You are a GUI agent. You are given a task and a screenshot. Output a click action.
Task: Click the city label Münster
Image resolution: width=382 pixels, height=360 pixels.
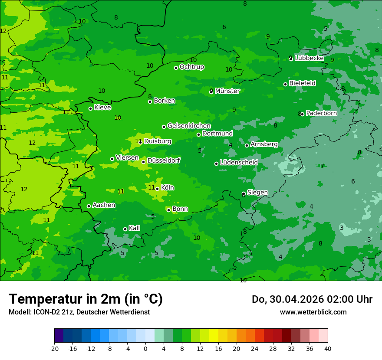pos(227,91)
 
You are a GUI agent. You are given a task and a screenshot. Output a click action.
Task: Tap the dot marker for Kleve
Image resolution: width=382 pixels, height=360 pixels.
pos(90,108)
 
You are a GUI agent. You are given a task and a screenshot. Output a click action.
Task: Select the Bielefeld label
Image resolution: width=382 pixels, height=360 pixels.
pos(303,83)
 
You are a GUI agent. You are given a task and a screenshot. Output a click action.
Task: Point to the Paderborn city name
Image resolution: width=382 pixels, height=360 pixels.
pos(321,113)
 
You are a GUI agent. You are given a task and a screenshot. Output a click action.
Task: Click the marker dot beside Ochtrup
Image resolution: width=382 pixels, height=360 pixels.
pos(176,68)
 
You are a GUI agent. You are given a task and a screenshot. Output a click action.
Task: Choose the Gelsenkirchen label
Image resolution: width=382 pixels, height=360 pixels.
pos(189,126)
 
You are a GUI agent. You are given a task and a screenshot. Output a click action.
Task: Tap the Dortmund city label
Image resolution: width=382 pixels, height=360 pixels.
pos(217,134)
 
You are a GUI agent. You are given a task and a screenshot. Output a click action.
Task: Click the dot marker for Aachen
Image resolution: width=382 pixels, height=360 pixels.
pos(89,206)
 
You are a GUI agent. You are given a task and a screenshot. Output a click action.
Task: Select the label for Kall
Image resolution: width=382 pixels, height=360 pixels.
pos(135,228)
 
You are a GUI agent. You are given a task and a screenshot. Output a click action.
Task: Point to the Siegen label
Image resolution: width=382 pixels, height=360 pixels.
pos(257,193)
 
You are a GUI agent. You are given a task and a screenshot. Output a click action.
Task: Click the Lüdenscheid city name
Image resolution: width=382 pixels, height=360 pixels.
pos(239,163)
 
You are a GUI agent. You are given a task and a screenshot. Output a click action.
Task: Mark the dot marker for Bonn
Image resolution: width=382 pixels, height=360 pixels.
pos(168,210)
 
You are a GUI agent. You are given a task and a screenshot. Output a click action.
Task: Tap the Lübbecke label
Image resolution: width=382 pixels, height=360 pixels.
pos(309,58)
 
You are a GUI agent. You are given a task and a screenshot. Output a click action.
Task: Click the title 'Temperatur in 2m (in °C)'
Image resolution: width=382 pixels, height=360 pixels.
pos(86,299)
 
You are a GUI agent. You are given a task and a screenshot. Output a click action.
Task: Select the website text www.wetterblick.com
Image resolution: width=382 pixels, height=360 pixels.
pos(313,312)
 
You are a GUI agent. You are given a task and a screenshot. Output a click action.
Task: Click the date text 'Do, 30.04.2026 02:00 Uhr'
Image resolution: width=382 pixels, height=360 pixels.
pos(312,299)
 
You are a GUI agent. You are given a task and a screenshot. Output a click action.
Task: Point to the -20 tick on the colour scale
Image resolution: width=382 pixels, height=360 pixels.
pos(54,348)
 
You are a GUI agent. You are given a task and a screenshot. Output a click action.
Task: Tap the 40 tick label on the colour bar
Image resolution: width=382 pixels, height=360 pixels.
pos(327,348)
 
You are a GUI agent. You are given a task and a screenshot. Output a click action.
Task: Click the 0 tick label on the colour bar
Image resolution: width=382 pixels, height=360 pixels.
pos(145,348)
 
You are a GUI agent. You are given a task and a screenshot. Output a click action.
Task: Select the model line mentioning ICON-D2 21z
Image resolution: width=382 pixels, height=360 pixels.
pos(79,312)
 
